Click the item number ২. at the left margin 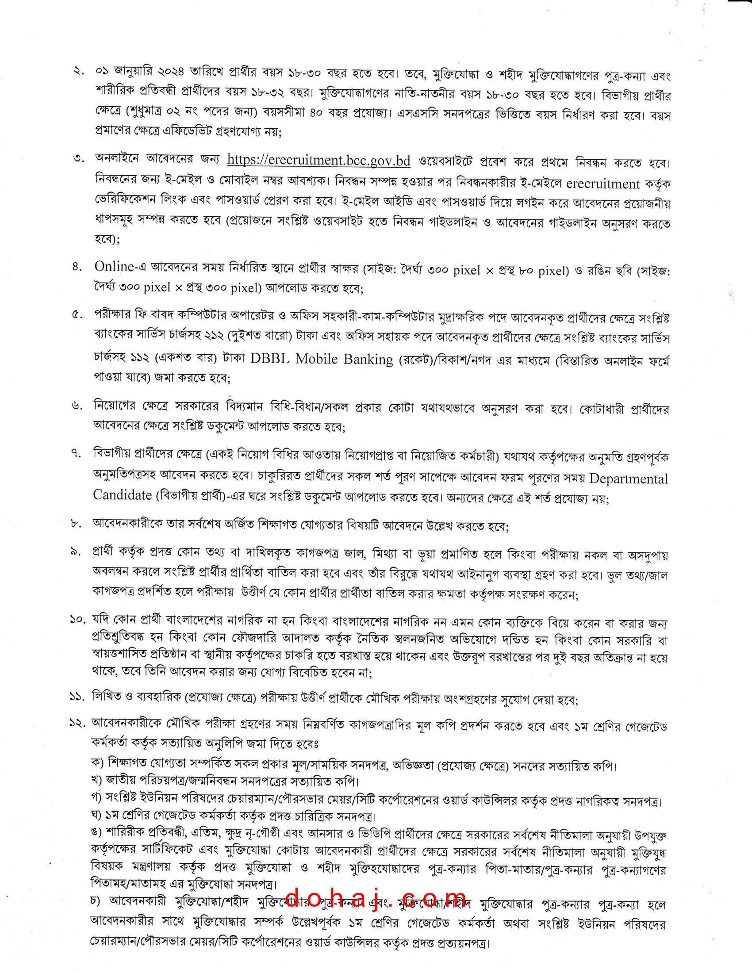pos(79,71)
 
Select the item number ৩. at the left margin pos(79,159)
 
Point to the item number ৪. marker pos(77,267)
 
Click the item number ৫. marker pos(77,315)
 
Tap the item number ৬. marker pos(77,406)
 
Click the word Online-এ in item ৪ pos(120,267)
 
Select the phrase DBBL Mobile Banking pos(321,359)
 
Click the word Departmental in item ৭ pos(629,479)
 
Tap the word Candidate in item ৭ pos(123,495)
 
